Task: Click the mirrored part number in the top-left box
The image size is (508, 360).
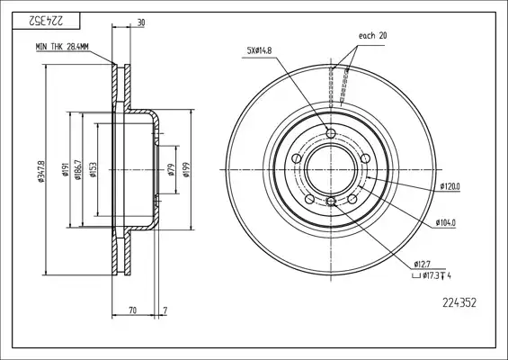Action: pos(46,22)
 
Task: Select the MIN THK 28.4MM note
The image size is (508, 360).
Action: pos(62,47)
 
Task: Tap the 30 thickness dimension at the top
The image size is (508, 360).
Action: pos(141,22)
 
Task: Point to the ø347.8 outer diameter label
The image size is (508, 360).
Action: pos(41,170)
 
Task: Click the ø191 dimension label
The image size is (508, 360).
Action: pos(65,169)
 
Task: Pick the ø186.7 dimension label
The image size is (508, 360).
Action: pos(77,169)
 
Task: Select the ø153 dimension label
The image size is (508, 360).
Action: pos(93,169)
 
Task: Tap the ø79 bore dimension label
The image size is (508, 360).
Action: pos(172,169)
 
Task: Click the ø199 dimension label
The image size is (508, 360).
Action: pos(186,169)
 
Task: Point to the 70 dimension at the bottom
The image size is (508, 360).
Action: pos(132,310)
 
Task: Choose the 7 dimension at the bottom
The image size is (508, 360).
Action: pos(165,310)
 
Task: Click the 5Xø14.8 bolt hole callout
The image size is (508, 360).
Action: pos(259,50)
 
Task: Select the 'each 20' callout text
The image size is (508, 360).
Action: pos(372,35)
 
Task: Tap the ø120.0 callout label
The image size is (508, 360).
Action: pos(450,186)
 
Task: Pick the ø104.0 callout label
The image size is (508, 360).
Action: pos(445,223)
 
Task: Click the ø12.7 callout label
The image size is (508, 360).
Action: pos(423,264)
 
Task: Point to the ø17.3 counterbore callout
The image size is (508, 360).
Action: pos(432,276)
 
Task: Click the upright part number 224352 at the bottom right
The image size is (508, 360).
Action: pos(459,303)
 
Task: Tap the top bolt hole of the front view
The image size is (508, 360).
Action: pos(331,133)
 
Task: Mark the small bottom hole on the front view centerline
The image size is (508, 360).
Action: pos(331,202)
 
